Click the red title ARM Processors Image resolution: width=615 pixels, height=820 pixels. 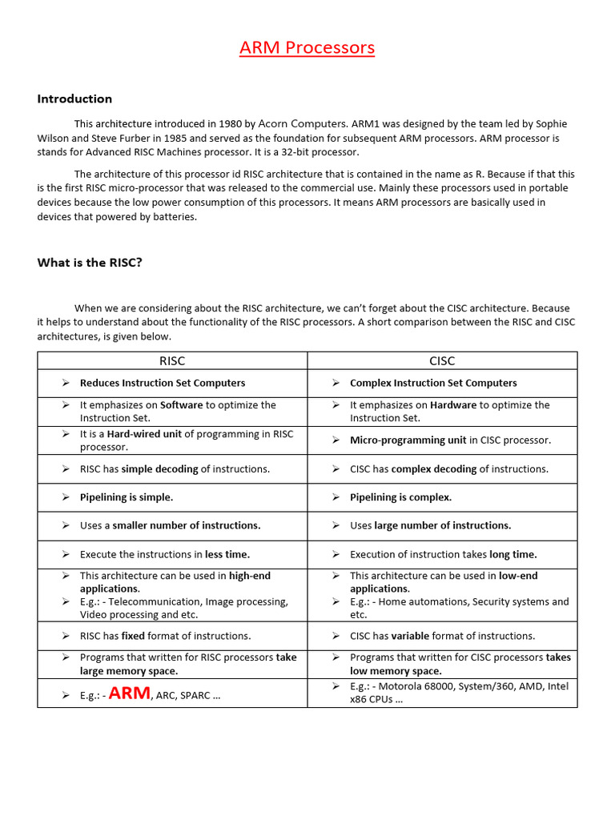pos(307,48)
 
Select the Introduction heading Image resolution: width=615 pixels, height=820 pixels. pos(74,99)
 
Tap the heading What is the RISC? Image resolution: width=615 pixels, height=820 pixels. pos(90,263)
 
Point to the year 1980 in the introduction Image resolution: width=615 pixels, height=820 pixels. pos(230,124)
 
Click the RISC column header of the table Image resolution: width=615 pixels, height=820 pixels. pos(172,361)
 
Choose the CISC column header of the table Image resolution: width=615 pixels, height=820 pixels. pos(442,361)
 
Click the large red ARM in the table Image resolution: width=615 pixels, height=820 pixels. pos(129,694)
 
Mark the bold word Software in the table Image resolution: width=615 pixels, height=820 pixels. pos(182,405)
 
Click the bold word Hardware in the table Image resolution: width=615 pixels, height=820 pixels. pos(453,405)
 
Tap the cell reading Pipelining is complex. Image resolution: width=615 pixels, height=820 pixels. pos(400,497)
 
